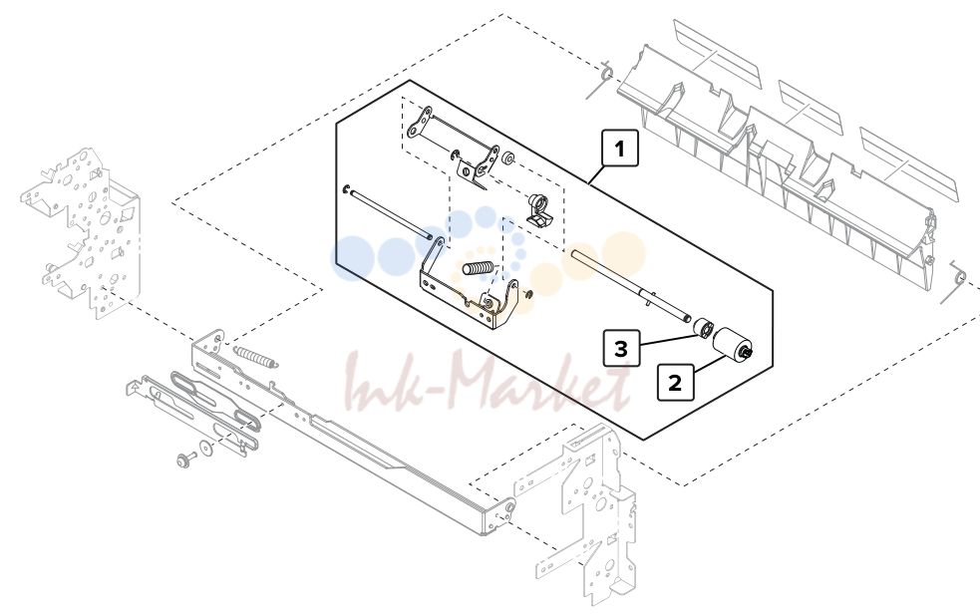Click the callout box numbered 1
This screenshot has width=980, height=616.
(x=619, y=149)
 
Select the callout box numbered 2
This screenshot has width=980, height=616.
(x=675, y=383)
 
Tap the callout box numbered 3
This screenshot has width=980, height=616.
(x=621, y=349)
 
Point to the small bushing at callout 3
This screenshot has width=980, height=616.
(x=705, y=327)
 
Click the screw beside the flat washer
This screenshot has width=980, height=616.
(x=185, y=461)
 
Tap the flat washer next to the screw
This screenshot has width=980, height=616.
(x=205, y=449)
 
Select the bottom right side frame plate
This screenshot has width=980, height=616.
(x=584, y=512)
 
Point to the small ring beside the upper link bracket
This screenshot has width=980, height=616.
(x=508, y=157)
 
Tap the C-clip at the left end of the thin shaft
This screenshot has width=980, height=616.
(x=346, y=188)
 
